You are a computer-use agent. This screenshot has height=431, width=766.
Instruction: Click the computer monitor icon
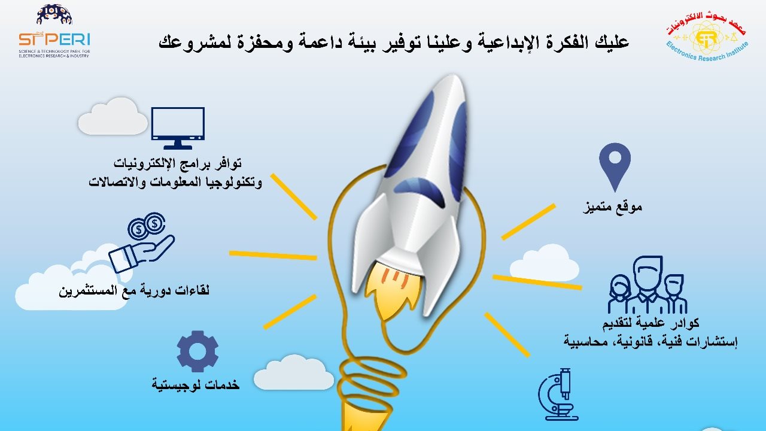[178, 128]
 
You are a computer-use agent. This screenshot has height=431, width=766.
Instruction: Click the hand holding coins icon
[142, 242]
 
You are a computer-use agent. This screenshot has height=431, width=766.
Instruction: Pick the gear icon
[197, 351]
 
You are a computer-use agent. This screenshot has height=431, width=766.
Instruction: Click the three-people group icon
[648, 285]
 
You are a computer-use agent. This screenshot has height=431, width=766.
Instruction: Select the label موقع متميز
[612, 207]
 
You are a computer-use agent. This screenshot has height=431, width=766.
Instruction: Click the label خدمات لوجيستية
[196, 385]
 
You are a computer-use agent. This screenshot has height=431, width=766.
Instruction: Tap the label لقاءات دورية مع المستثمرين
[134, 291]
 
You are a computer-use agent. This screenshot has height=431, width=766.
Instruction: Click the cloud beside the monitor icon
[113, 116]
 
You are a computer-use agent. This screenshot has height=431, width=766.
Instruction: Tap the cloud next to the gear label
[294, 372]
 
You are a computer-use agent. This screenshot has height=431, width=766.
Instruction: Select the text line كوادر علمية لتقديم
[651, 323]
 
